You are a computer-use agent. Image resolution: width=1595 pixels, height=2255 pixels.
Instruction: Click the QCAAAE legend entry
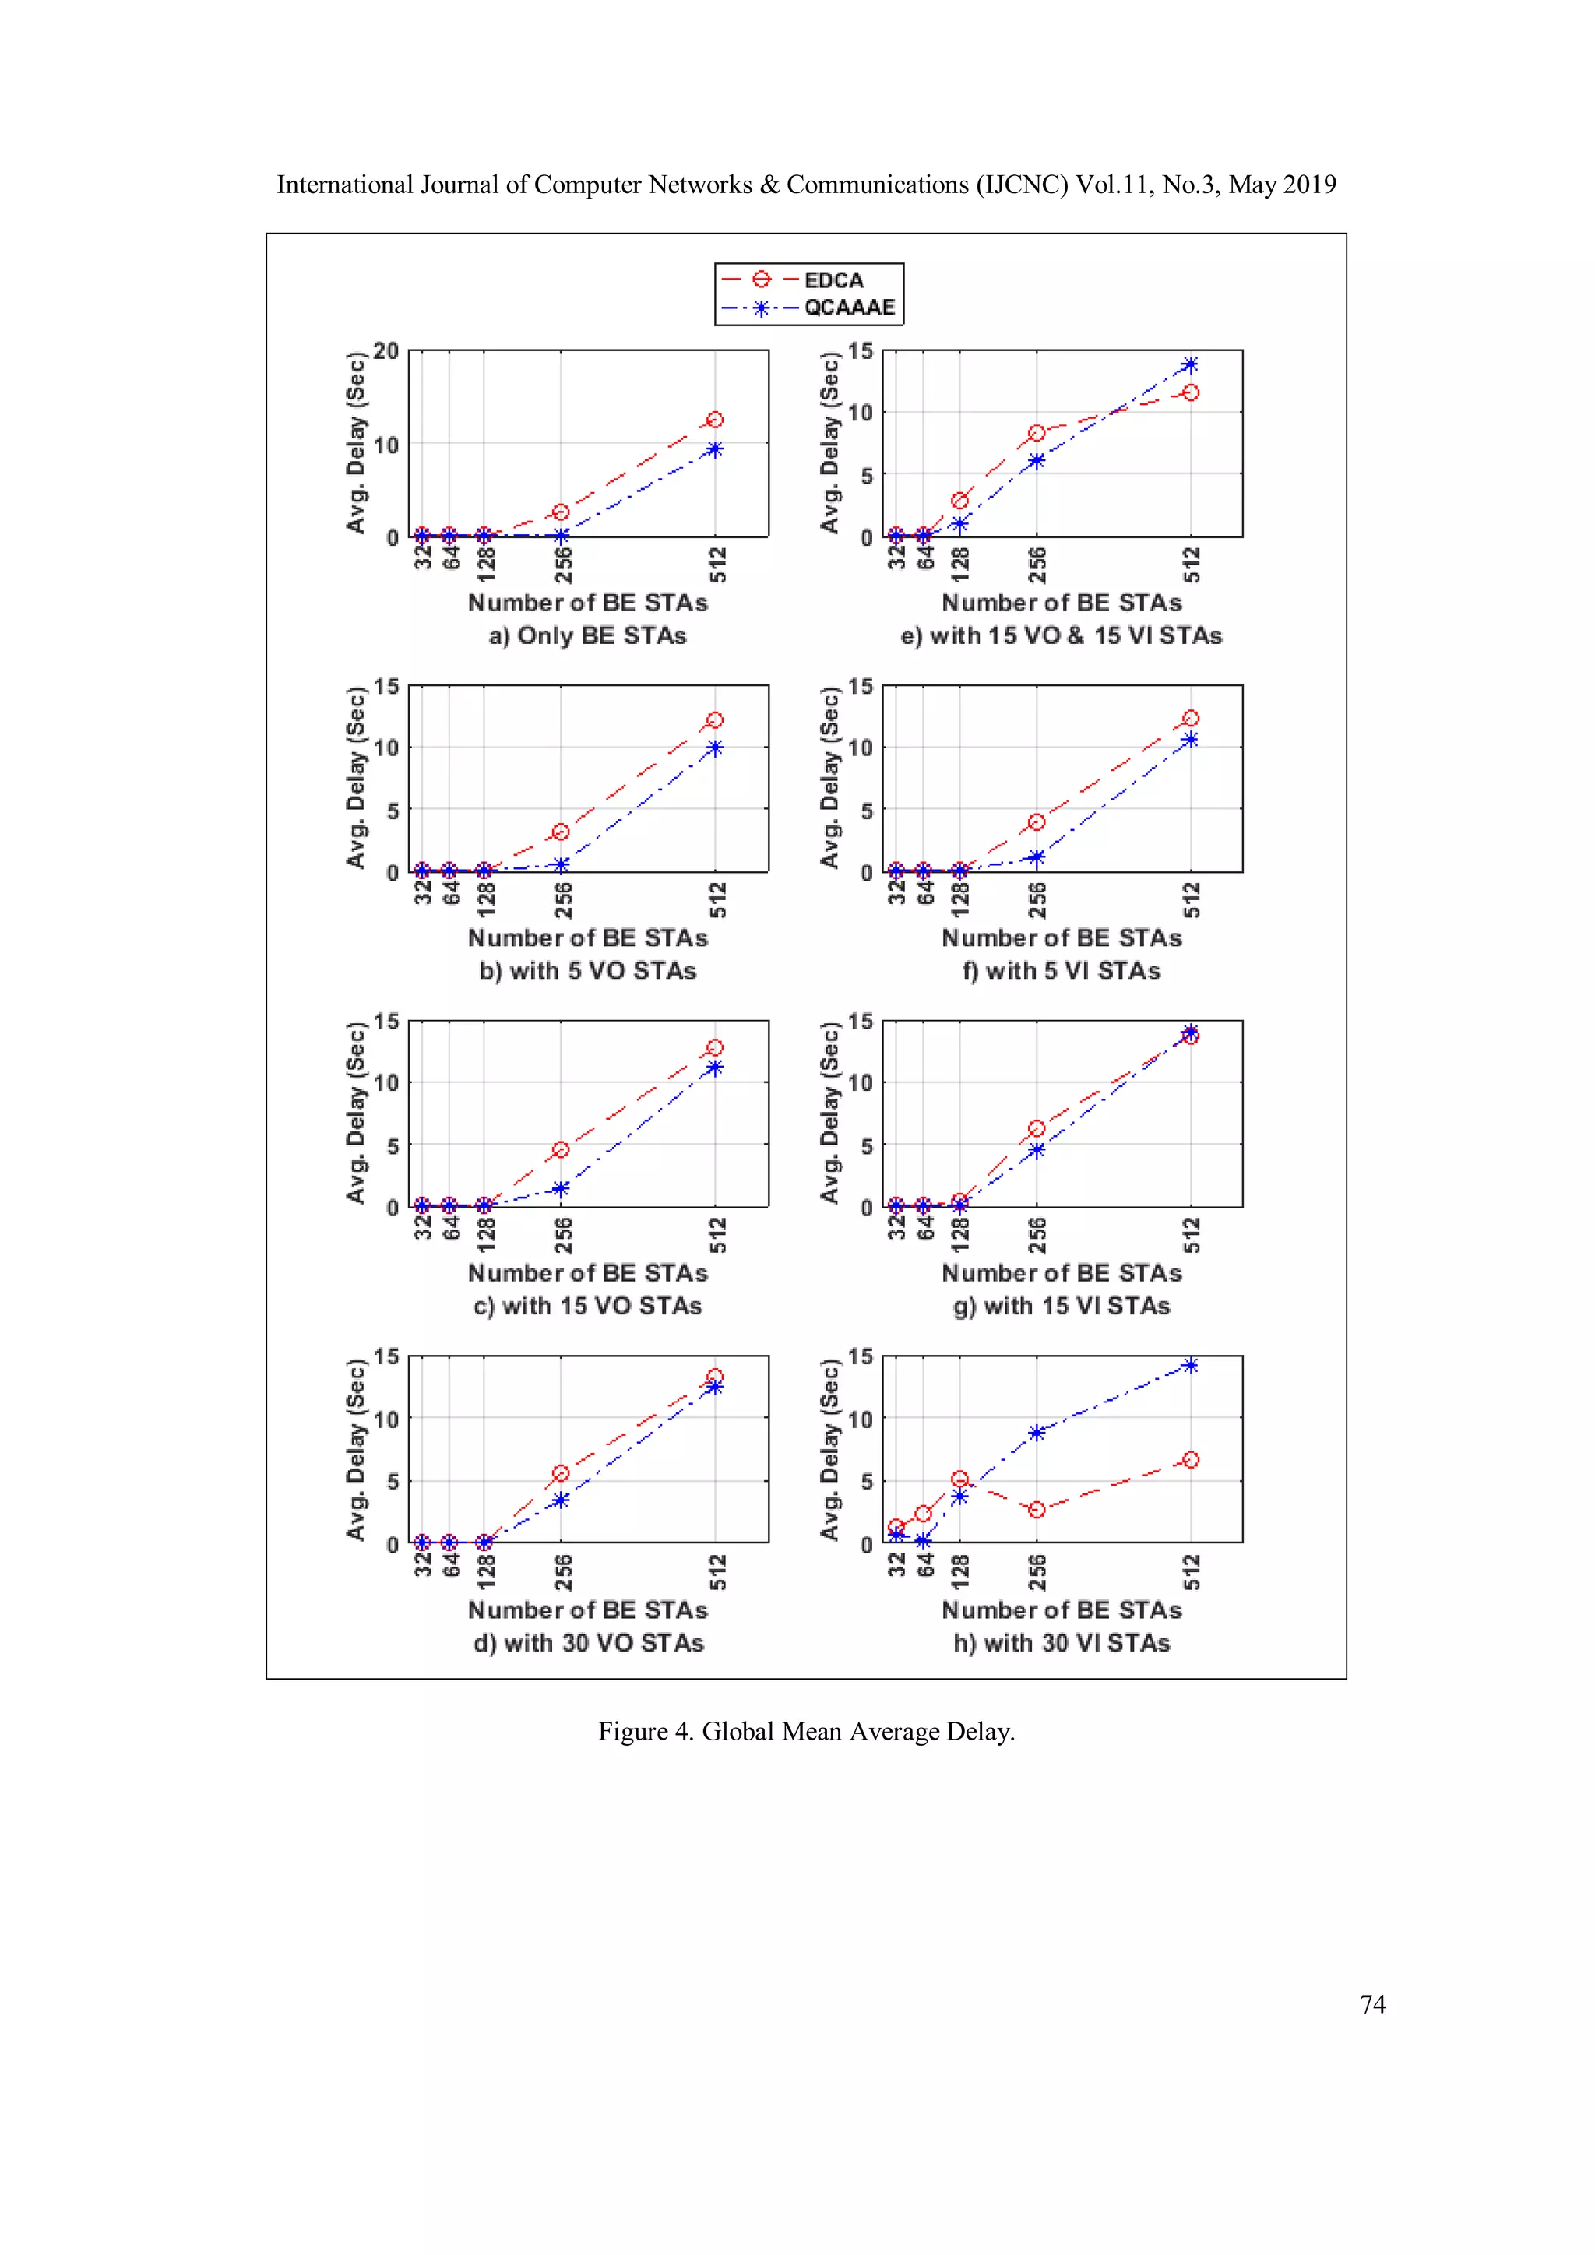coord(849,308)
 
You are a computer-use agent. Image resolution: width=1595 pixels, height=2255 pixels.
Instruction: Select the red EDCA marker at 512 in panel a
coord(715,420)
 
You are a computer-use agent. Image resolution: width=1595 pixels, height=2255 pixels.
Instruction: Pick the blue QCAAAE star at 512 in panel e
coord(1190,364)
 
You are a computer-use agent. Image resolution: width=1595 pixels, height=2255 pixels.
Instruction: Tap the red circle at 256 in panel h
coord(1036,1510)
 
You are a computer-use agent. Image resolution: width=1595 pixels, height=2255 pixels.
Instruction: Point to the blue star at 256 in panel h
coord(1036,1433)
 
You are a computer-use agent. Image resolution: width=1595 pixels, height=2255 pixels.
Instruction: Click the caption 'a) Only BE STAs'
coord(587,635)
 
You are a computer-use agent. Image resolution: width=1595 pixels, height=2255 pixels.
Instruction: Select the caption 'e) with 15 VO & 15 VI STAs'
coord(1061,635)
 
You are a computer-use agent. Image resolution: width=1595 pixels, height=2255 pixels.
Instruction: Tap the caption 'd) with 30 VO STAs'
coord(587,1643)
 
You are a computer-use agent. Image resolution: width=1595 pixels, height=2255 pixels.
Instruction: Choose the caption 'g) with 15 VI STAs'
coord(1061,1307)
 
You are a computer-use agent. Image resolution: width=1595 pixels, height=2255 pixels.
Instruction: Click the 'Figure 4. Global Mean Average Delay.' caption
coord(806,1732)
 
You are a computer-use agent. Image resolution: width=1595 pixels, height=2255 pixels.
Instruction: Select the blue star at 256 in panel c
coord(561,1188)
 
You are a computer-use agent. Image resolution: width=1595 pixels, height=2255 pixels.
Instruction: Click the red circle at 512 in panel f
coord(1190,719)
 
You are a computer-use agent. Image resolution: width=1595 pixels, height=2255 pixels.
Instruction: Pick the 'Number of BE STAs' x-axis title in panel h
coord(1061,1609)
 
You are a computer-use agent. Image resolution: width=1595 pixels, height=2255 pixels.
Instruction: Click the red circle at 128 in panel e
coord(959,501)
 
